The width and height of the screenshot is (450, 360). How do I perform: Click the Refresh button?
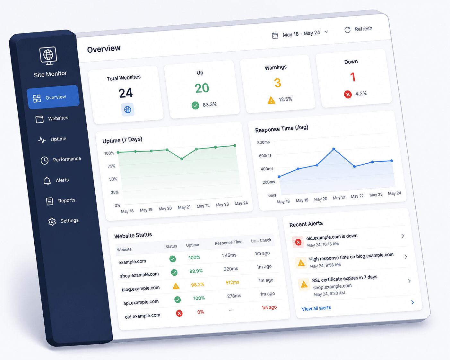tap(359, 29)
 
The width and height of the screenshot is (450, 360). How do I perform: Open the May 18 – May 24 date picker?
tap(300, 34)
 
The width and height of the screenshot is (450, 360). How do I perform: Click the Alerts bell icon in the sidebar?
tap(47, 181)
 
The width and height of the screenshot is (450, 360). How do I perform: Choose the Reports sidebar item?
tap(61, 201)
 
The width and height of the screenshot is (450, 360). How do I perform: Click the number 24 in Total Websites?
tap(126, 93)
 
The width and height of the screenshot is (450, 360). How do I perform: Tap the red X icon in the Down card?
tap(348, 95)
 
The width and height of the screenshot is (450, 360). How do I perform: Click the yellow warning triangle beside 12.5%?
tap(272, 100)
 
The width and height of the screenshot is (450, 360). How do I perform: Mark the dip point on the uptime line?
tap(182, 159)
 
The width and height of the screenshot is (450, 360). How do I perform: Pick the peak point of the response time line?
tap(334, 149)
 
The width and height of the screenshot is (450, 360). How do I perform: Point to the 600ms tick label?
tap(265, 156)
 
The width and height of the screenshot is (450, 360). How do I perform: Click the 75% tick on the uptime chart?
tap(111, 166)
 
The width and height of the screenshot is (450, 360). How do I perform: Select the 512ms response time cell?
tap(232, 282)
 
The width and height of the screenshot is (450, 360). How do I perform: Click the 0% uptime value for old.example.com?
tap(201, 312)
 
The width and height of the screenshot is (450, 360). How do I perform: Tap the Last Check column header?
tap(261, 241)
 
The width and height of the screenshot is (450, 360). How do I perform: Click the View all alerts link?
tap(316, 308)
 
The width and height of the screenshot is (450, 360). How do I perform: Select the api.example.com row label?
tap(141, 302)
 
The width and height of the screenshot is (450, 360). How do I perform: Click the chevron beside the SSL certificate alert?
tap(410, 281)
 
